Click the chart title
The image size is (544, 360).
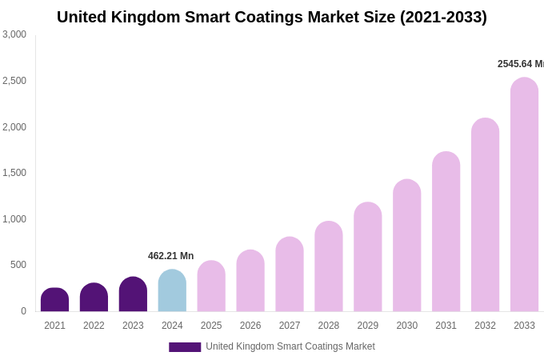(271, 17)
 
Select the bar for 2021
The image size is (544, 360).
(54, 300)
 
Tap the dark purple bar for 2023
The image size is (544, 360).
(133, 294)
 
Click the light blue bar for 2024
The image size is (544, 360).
(172, 291)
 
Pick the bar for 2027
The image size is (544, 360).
(290, 274)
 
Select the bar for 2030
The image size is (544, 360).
(406, 246)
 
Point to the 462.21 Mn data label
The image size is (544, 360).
(170, 256)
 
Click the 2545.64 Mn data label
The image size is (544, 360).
(520, 64)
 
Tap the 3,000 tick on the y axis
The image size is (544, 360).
(14, 34)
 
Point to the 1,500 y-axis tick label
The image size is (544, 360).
(14, 173)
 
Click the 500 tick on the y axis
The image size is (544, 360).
(18, 265)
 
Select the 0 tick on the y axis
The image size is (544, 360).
(23, 311)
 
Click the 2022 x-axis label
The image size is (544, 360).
(94, 326)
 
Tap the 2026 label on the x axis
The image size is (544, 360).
(250, 326)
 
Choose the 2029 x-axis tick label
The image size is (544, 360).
(368, 326)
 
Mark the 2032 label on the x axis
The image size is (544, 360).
(485, 326)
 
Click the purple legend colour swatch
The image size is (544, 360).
(185, 347)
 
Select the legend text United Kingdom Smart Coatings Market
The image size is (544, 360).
(290, 346)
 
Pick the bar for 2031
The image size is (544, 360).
(446, 232)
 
